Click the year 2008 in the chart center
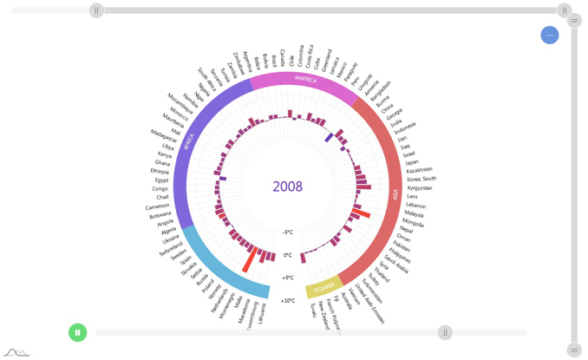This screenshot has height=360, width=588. pyautogui.click(x=287, y=187)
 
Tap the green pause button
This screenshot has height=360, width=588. pyautogui.click(x=77, y=331)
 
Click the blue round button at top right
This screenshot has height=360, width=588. pyautogui.click(x=549, y=35)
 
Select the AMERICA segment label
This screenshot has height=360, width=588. pyautogui.click(x=305, y=79)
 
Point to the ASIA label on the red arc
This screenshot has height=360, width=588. pyautogui.click(x=395, y=195)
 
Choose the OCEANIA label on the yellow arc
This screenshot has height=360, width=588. pyautogui.click(x=323, y=287)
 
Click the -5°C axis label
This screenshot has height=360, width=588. pyautogui.click(x=287, y=232)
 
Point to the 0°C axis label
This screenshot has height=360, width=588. pyautogui.click(x=287, y=255)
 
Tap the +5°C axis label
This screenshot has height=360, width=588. pyautogui.click(x=287, y=278)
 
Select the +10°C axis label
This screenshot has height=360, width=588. pyautogui.click(x=287, y=300)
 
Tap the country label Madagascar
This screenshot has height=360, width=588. pyautogui.click(x=164, y=135)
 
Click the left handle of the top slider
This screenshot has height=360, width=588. pyautogui.click(x=96, y=10)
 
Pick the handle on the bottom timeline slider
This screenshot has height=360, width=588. pyautogui.click(x=445, y=332)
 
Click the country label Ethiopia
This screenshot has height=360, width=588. pyautogui.click(x=160, y=172)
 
